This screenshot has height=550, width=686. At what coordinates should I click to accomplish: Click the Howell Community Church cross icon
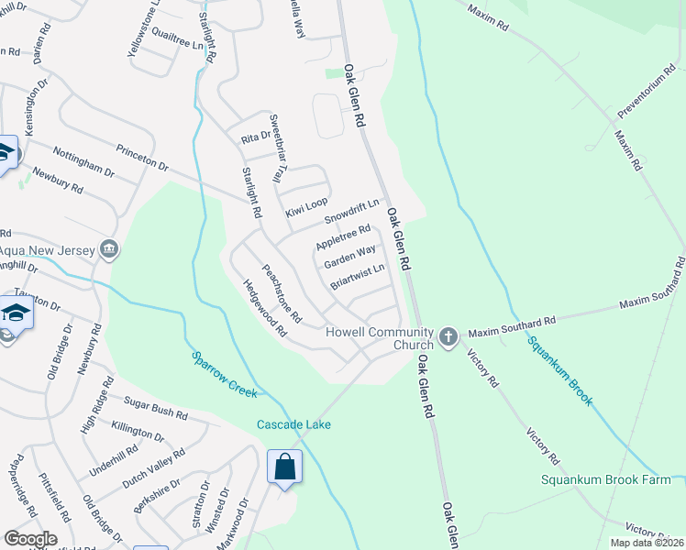[x=448, y=336]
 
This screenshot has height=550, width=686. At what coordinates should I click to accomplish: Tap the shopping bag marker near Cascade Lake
[x=284, y=467]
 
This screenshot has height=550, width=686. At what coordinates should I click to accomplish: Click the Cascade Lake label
[x=293, y=424]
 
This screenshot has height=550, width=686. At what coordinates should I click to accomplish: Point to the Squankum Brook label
[x=559, y=370]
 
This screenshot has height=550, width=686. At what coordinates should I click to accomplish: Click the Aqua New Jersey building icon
[x=109, y=248]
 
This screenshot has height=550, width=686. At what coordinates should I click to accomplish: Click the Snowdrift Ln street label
[x=352, y=212]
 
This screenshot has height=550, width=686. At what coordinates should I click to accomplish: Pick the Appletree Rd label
[x=343, y=238]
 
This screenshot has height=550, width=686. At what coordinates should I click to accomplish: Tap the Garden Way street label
[x=349, y=256]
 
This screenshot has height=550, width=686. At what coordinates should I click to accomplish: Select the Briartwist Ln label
[x=358, y=276]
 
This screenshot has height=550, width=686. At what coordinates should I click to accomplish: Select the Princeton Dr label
[x=142, y=158]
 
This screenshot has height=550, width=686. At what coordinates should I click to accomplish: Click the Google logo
[x=31, y=539]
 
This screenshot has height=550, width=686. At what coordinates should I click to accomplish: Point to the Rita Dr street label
[x=256, y=136]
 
